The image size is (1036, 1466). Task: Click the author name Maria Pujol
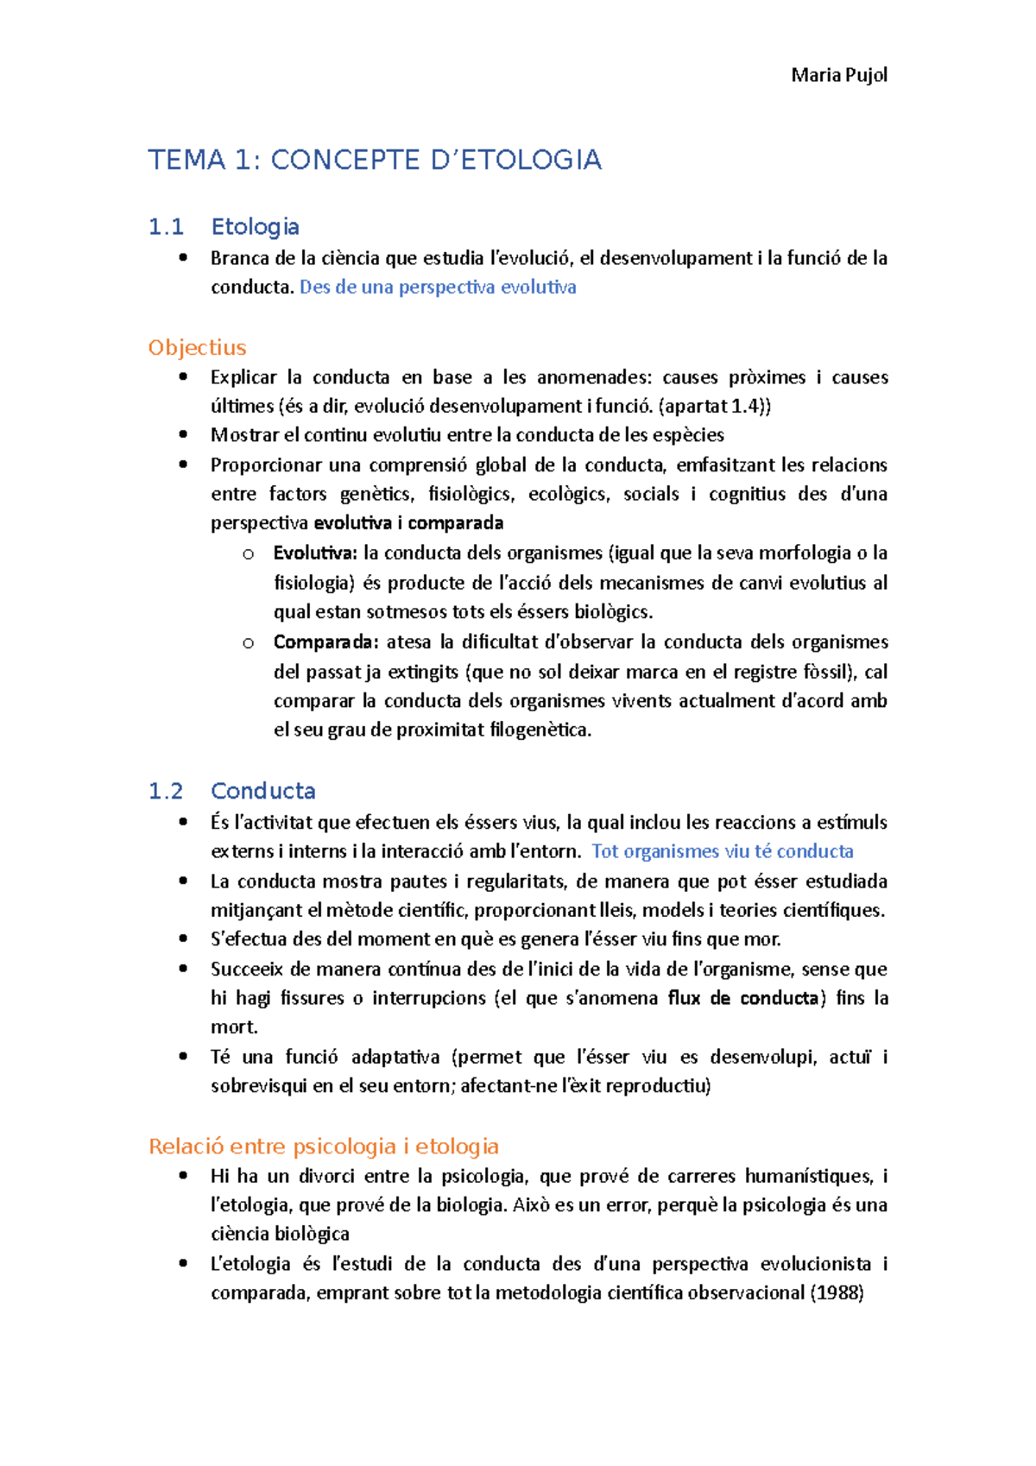(838, 75)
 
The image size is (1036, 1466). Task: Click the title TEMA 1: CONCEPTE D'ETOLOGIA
(375, 160)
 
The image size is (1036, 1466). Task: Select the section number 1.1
(166, 227)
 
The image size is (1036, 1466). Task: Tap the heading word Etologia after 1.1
(255, 227)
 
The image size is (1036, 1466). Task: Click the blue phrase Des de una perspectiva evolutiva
(438, 288)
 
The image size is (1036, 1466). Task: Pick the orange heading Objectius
(197, 347)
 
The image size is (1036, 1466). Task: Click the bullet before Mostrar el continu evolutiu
(182, 435)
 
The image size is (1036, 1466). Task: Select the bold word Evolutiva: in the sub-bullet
(314, 553)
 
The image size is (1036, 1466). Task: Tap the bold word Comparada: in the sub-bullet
(325, 641)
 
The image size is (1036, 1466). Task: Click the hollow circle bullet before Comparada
(248, 642)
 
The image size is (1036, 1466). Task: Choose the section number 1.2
(166, 791)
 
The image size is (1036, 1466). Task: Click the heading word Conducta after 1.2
(262, 791)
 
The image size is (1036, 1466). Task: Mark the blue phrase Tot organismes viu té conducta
(722, 851)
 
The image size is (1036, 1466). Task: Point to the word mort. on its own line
(234, 1027)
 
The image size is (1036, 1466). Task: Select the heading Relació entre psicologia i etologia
(324, 1147)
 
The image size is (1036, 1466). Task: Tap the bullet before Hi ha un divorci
(182, 1177)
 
